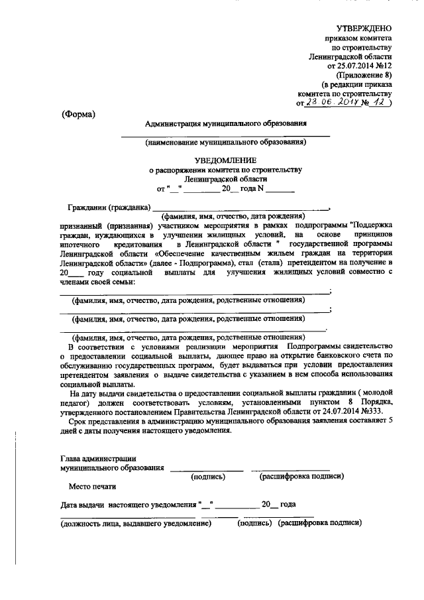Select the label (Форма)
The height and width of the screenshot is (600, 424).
[78, 113]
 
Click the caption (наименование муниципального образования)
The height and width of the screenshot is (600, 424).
[225, 142]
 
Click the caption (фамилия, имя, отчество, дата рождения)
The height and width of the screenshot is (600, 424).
[233, 216]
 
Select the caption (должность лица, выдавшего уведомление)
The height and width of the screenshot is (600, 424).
[135, 523]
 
